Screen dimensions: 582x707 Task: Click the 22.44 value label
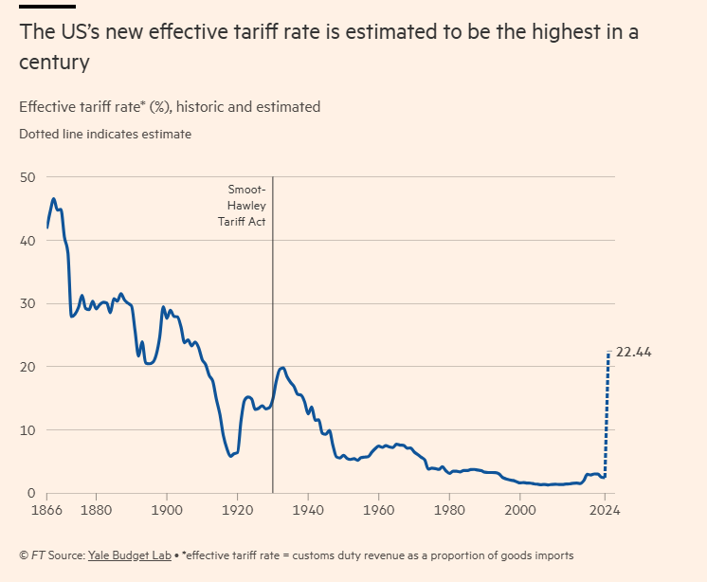point(634,353)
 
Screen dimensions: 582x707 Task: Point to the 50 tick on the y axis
point(27,177)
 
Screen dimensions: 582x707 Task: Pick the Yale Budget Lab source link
point(130,555)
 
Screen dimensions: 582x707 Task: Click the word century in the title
point(54,63)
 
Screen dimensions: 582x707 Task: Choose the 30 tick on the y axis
point(27,303)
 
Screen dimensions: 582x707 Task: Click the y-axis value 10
point(27,430)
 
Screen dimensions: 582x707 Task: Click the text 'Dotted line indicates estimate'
point(105,134)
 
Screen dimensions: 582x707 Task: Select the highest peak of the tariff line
point(53,199)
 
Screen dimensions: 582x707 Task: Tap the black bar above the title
point(46,6)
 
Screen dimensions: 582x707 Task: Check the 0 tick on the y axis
point(31,493)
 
